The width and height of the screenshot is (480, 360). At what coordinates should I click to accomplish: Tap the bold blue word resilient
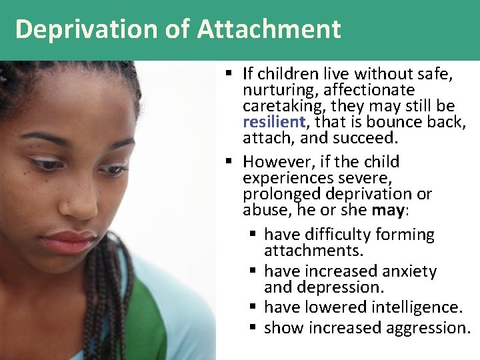click(273, 122)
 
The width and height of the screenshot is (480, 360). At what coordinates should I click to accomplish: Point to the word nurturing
click(275, 90)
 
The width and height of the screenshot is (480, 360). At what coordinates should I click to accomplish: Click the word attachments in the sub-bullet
click(313, 251)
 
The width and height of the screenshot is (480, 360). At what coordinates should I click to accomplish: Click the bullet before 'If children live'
click(229, 73)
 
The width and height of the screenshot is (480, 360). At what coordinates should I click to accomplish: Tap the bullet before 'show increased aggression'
click(253, 328)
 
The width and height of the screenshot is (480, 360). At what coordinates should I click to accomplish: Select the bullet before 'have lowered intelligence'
click(253, 307)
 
